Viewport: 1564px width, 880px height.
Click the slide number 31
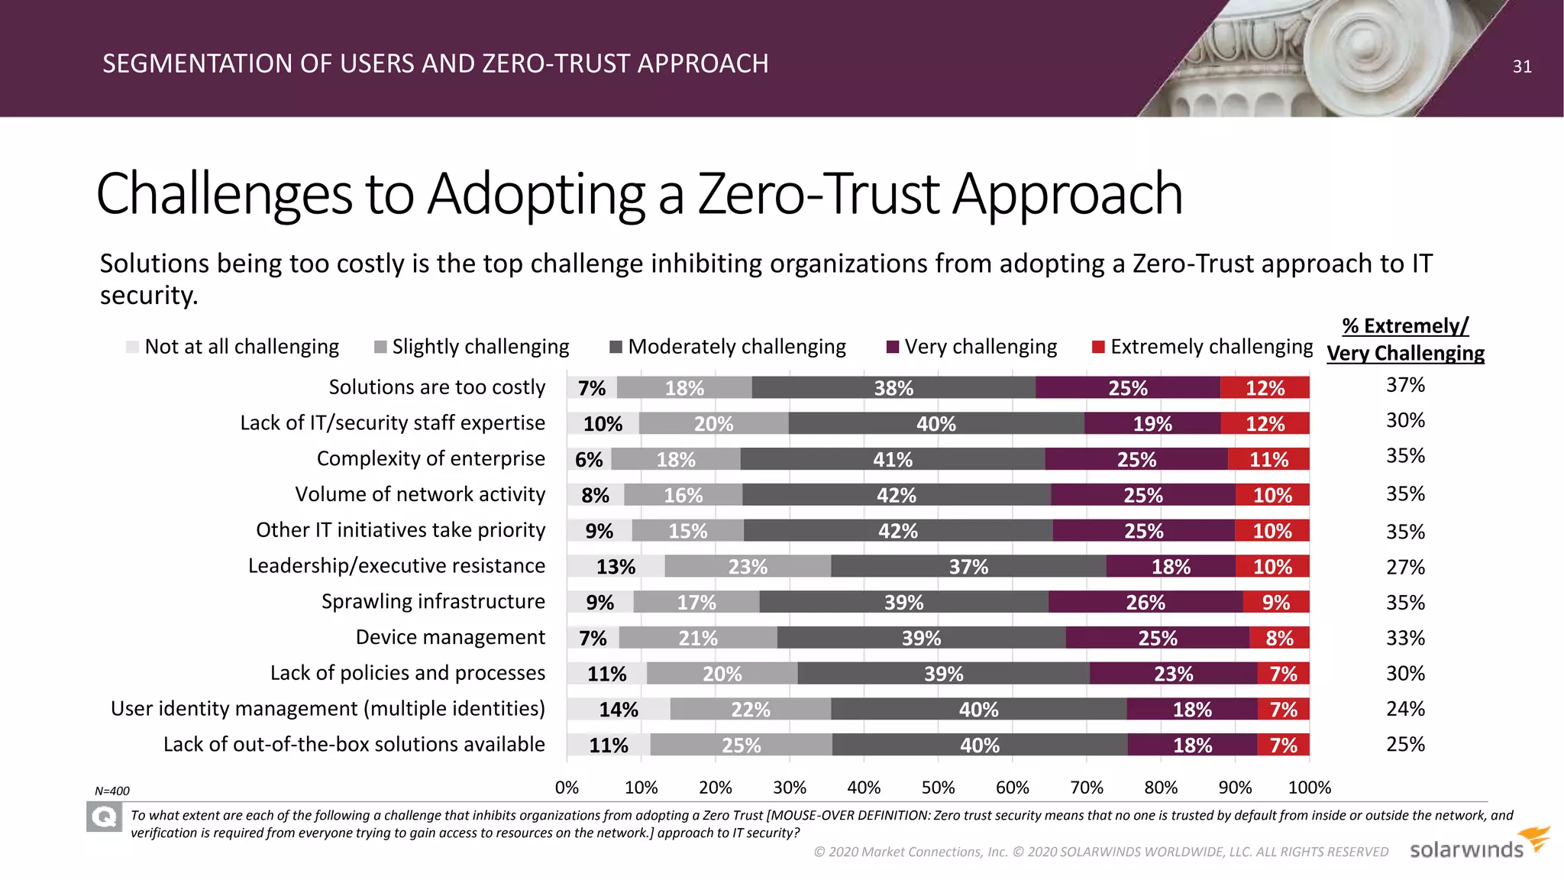click(1521, 66)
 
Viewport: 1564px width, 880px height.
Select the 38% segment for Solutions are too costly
click(893, 388)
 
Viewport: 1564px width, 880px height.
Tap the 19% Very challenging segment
click(1152, 424)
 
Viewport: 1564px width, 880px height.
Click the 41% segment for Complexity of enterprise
click(892, 460)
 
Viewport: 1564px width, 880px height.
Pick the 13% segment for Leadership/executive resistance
click(616, 567)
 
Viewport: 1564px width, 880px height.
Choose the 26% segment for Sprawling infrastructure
click(1145, 603)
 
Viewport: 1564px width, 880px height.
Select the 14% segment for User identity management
click(618, 710)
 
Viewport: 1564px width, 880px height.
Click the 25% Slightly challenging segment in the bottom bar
click(741, 746)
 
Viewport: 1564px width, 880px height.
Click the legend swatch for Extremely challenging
click(1099, 348)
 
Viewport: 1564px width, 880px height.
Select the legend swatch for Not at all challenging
click(132, 348)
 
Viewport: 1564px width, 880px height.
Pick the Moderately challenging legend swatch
click(616, 348)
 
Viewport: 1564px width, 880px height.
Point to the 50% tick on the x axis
click(938, 788)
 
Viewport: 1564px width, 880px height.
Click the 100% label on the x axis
click(1309, 788)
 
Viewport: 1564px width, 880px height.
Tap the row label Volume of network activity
click(420, 494)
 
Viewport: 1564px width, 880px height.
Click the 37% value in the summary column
click(1405, 385)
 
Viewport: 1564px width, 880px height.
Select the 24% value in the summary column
click(1405, 709)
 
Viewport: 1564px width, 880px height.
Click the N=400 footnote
click(112, 791)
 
